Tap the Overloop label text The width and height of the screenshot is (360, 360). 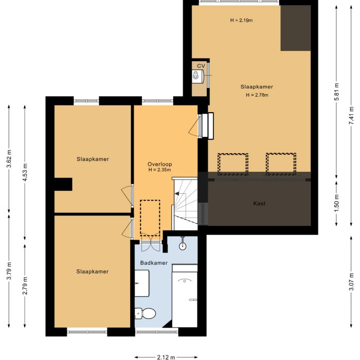(x=159, y=164)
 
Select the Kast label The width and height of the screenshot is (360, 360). (x=259, y=204)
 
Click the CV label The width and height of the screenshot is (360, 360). (x=201, y=66)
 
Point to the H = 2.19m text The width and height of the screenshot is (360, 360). (x=242, y=21)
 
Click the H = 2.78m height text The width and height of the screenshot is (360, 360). (x=257, y=95)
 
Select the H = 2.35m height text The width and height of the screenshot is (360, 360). (x=160, y=170)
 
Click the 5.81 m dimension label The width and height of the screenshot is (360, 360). (x=336, y=93)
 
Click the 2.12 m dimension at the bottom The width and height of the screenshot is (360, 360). (x=166, y=356)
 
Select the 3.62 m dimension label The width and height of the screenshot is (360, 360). (x=10, y=159)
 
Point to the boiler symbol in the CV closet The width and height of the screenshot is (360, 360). (x=197, y=77)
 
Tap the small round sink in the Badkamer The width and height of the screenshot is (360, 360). (x=182, y=246)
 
